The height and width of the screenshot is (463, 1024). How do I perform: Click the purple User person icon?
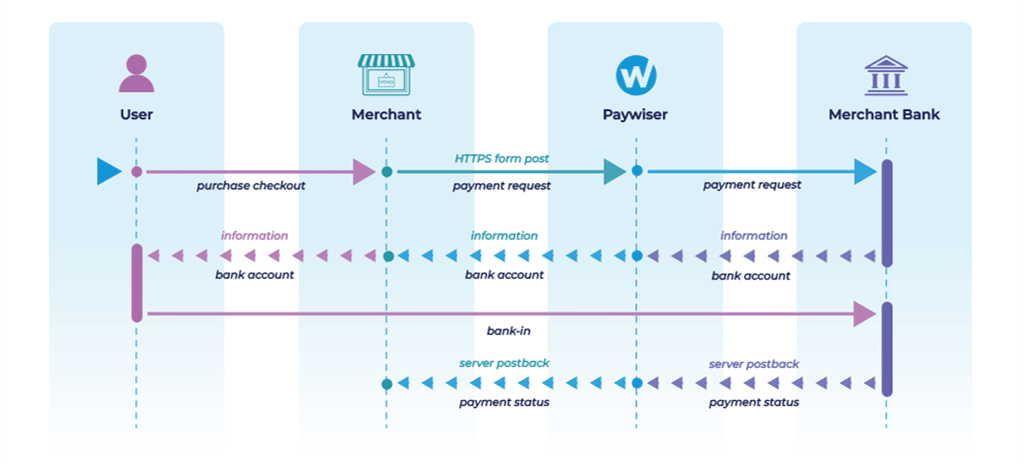[136, 74]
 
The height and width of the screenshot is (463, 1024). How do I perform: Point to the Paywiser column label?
[635, 115]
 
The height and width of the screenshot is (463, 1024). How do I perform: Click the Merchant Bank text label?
[884, 115]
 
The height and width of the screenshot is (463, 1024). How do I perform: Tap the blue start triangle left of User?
[108, 172]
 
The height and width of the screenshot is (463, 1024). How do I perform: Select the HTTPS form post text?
[502, 158]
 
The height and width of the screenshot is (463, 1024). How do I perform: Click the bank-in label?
[502, 329]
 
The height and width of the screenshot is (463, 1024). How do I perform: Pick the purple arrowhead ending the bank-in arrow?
[865, 315]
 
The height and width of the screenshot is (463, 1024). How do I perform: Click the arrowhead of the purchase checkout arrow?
[364, 172]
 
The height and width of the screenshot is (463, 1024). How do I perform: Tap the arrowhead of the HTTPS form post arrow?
[614, 172]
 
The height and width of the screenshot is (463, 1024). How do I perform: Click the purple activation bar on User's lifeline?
[137, 283]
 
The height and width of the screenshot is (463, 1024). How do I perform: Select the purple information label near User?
[254, 236]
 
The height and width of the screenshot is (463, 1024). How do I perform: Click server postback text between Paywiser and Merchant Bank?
[754, 364]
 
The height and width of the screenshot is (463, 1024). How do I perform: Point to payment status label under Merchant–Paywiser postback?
[504, 403]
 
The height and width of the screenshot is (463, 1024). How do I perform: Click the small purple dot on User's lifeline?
[137, 172]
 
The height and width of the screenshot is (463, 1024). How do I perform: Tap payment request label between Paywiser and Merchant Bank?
[752, 186]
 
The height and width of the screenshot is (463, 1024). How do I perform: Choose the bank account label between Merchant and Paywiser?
[504, 275]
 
